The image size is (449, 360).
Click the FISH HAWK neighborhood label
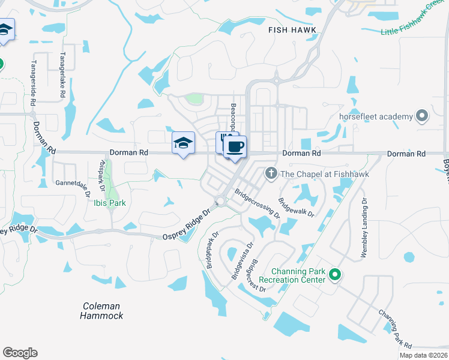tap(292, 28)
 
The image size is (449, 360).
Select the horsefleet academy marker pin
tap(423, 116)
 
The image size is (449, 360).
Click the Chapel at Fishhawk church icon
tap(271, 174)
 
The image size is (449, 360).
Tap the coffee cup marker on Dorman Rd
tap(235, 146)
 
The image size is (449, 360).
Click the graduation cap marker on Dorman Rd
tap(183, 143)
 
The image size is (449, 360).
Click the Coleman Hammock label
tap(103, 311)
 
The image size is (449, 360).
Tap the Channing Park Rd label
tap(395, 329)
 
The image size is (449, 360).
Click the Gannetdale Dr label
tap(72, 182)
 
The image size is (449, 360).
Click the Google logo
tap(20, 353)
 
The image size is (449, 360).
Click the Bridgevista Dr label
tap(242, 262)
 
